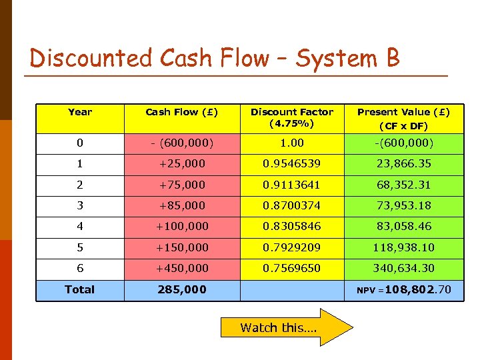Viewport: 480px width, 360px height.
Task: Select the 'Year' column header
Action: tap(80, 112)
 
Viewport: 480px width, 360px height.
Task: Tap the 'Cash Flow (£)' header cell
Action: tap(181, 112)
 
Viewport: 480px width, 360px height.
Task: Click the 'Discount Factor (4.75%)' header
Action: tap(292, 117)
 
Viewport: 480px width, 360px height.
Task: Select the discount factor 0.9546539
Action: tap(292, 163)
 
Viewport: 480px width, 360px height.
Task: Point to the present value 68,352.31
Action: tap(403, 185)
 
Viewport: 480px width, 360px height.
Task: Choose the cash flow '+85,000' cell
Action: tap(181, 205)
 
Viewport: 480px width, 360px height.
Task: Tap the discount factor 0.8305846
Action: tap(292, 226)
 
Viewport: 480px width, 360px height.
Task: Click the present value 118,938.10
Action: tap(403, 247)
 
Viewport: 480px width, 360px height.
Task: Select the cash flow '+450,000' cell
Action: tap(181, 268)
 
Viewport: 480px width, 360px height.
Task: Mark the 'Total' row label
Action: tap(80, 289)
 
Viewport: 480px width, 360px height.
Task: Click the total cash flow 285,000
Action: tap(181, 289)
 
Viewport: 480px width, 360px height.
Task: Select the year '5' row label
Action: tap(80, 247)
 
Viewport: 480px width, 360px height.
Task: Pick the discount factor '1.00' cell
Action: tap(292, 143)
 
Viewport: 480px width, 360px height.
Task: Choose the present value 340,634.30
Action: tap(403, 268)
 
